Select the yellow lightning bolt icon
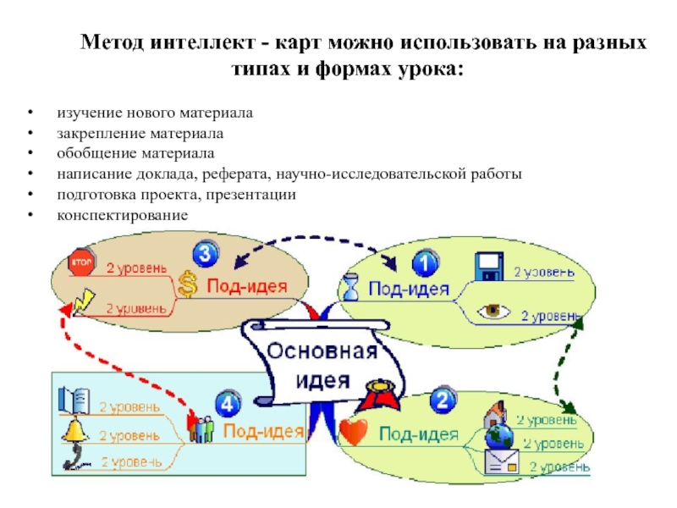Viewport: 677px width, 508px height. (x=83, y=301)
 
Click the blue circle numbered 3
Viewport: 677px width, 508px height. (x=206, y=253)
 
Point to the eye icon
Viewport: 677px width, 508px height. (x=493, y=311)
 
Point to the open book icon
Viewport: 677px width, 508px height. (x=74, y=400)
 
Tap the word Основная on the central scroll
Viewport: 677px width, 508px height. (x=322, y=351)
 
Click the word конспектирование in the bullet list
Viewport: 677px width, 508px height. (x=123, y=215)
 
